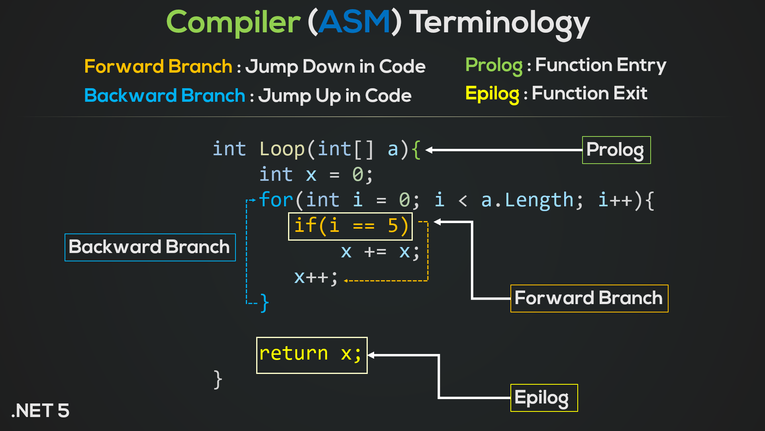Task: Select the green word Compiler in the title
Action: click(233, 23)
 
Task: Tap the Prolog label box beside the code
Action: click(616, 150)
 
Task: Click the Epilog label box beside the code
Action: click(544, 398)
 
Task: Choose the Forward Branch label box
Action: click(589, 299)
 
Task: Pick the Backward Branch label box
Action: click(150, 247)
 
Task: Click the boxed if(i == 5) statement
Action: click(350, 226)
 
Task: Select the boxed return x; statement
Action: click(312, 355)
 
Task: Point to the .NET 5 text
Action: click(41, 411)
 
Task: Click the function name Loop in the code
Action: click(282, 150)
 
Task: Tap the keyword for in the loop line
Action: click(276, 200)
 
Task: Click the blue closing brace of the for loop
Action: click(265, 303)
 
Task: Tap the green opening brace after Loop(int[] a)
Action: click(416, 150)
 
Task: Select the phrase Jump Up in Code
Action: click(335, 96)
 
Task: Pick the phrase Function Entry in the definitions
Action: click(600, 65)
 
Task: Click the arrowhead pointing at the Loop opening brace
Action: click(429, 150)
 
